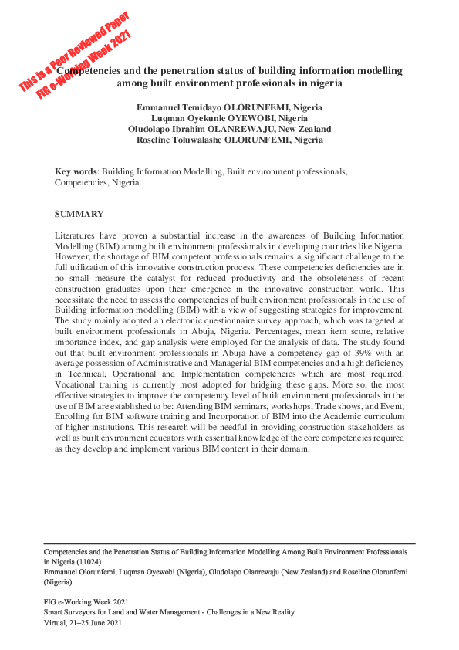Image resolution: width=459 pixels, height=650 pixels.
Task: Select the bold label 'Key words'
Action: point(76,171)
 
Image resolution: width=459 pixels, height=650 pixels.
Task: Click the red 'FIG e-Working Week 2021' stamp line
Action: point(86,66)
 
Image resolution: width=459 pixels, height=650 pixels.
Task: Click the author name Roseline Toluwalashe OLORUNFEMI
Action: point(229,140)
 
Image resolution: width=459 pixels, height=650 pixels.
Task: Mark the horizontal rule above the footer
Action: point(229,544)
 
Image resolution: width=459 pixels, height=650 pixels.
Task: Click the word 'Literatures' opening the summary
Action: point(76,233)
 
